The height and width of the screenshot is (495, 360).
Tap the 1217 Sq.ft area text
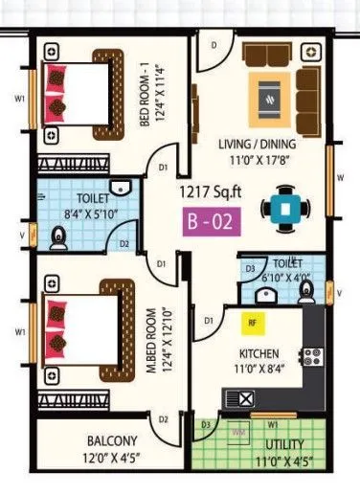(211, 191)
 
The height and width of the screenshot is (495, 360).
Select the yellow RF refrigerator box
(252, 323)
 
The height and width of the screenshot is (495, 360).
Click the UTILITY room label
(285, 444)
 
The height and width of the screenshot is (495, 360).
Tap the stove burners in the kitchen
(311, 359)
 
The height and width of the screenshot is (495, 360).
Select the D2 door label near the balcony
(164, 419)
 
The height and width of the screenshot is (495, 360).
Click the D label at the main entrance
(214, 44)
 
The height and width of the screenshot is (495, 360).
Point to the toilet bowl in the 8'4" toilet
(58, 236)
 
